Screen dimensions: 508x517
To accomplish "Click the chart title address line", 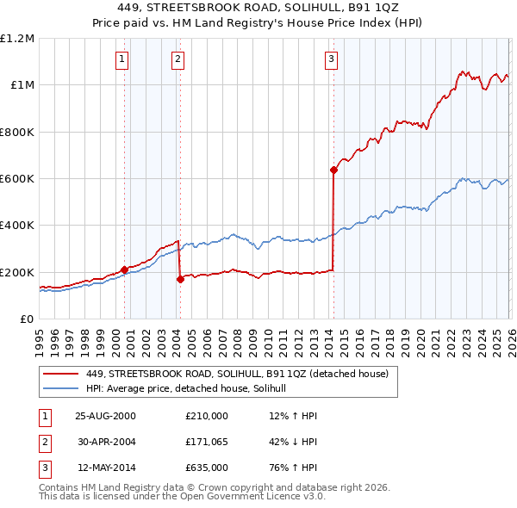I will pos(258,9).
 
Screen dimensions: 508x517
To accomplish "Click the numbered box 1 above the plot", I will pos(122,59).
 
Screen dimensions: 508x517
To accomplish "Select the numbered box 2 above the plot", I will pos(178,59).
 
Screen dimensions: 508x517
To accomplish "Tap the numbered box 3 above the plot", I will pos(331,59).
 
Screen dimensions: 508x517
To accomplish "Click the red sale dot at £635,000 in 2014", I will pos(333,170).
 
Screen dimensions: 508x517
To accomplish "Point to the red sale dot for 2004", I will pos(180,279).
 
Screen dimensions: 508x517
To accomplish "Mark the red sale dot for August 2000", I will pos(125,269).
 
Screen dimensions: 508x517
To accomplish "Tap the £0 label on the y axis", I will pos(26,319).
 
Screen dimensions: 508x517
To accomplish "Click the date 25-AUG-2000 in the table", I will pos(106,416).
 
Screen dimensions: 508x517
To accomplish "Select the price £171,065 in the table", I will pos(207,442).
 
